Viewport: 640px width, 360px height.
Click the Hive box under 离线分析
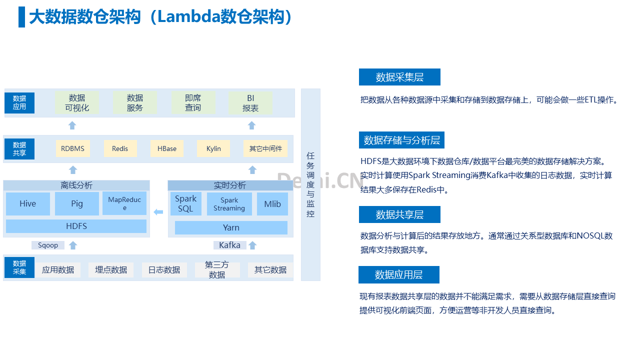point(28,203)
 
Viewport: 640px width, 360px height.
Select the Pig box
point(77,203)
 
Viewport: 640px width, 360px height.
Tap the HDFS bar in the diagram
point(76,226)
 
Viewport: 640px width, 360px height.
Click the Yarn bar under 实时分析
point(231,227)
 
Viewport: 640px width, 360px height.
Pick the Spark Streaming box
point(229,204)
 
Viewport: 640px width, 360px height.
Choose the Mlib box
point(272,204)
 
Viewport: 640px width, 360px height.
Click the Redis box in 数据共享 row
point(120,148)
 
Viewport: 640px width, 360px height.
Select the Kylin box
point(213,148)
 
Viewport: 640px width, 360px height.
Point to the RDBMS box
point(73,148)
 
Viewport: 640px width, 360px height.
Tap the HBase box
point(167,148)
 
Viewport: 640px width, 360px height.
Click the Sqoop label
point(47,245)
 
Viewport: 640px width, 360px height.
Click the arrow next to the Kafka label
point(252,245)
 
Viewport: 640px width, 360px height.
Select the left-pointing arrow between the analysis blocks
point(158,212)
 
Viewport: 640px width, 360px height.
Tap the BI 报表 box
point(250,103)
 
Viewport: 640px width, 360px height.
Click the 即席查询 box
point(193,103)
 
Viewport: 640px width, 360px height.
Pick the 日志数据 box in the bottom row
point(164,270)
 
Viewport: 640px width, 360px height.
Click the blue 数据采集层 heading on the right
point(399,77)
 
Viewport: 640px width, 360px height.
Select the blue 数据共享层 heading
point(399,214)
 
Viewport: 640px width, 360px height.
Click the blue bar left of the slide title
point(21,17)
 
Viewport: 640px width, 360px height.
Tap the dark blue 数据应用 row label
point(19,103)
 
